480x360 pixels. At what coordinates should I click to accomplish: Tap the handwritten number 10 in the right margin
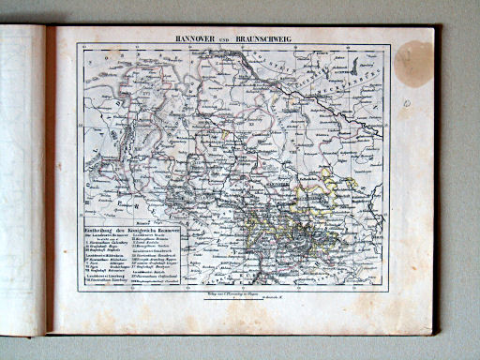405,103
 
